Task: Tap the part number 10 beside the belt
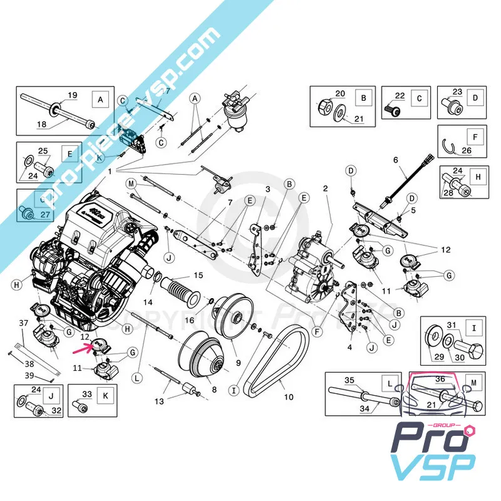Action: pyautogui.click(x=289, y=396)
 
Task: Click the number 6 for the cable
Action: pyautogui.click(x=396, y=160)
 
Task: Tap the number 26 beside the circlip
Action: pyautogui.click(x=467, y=150)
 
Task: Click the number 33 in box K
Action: pyautogui.click(x=87, y=394)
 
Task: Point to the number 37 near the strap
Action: pyautogui.click(x=23, y=323)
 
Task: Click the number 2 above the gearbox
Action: pyautogui.click(x=325, y=189)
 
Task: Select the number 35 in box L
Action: pyautogui.click(x=349, y=380)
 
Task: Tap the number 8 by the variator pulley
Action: pyautogui.click(x=214, y=389)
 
